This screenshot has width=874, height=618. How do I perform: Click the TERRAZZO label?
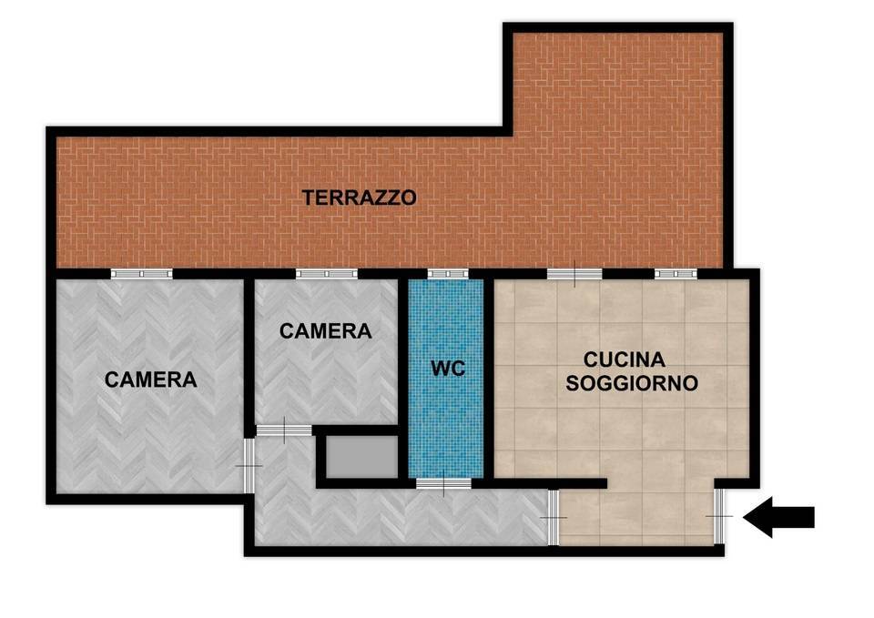point(360,197)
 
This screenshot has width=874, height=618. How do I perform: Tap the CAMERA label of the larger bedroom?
point(150,380)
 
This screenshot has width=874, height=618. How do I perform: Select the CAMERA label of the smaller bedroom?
point(325,331)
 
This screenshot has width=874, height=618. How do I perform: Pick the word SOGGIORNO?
point(632,383)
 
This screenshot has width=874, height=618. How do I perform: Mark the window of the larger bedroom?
point(141,273)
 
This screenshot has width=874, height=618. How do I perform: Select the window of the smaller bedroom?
point(326,273)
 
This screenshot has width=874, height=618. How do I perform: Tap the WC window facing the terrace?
point(447,273)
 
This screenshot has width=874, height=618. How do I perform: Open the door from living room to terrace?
point(574,273)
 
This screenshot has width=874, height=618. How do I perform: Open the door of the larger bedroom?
point(249,465)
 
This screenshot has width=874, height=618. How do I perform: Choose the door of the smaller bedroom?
point(283,430)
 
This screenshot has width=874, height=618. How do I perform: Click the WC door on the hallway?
point(443,483)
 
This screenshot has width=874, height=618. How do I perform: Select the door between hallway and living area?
point(554,517)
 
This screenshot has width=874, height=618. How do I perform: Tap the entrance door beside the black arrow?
point(719,516)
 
